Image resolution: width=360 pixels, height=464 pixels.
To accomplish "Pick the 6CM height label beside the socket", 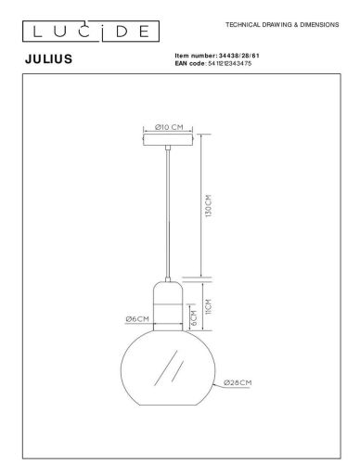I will [193, 319].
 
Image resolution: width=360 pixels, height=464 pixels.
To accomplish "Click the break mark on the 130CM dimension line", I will [199, 276].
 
